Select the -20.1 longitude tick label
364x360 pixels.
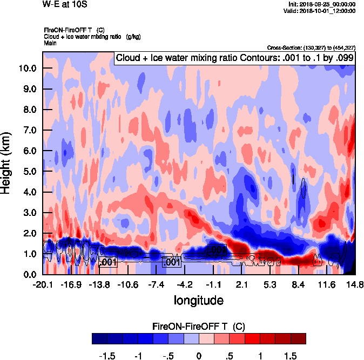point(43,284)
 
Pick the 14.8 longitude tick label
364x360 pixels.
point(354,284)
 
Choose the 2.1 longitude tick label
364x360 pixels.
point(241,284)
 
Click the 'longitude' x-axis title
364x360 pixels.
point(198,300)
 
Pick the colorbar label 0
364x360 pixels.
point(199,357)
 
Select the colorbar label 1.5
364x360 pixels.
point(291,357)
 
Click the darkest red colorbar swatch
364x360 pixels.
point(298,338)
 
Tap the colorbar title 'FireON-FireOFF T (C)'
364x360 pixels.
point(199,327)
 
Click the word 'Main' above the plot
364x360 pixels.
point(50,43)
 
